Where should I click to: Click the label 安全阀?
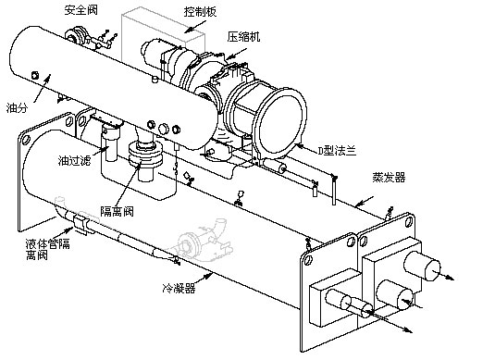pos(80,10)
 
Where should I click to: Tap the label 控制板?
pos(201,12)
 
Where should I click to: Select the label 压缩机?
pos(243,37)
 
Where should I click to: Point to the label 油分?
pos(17,108)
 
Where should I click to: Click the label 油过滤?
pos(75,160)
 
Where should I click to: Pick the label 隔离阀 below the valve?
pos(118,211)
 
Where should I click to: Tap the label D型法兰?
pos(337,151)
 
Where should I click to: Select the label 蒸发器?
pos(389,177)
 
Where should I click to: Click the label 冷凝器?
pos(179,288)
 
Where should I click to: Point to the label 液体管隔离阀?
pos(48,249)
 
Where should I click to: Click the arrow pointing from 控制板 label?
pos(195,26)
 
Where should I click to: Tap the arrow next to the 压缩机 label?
pos(236,54)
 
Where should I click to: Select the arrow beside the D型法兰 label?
pos(306,146)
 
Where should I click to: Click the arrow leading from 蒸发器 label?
pos(364,202)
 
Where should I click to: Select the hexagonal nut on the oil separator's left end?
pos(35,75)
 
